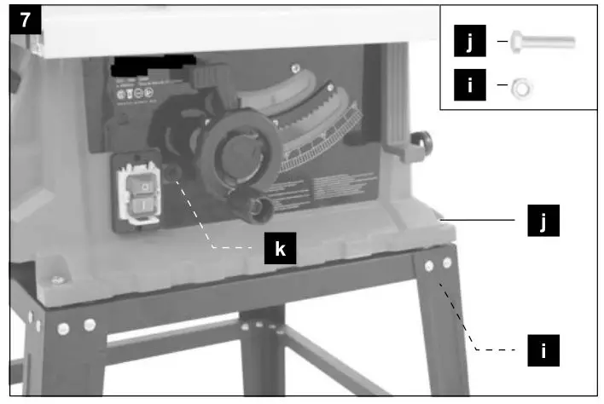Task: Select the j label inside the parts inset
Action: [x=468, y=42]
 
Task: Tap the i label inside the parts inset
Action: [x=468, y=87]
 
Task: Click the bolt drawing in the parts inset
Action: [x=542, y=43]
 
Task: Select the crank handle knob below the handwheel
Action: [x=257, y=209]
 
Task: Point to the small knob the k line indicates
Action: [x=175, y=173]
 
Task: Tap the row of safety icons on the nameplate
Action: [x=128, y=94]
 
